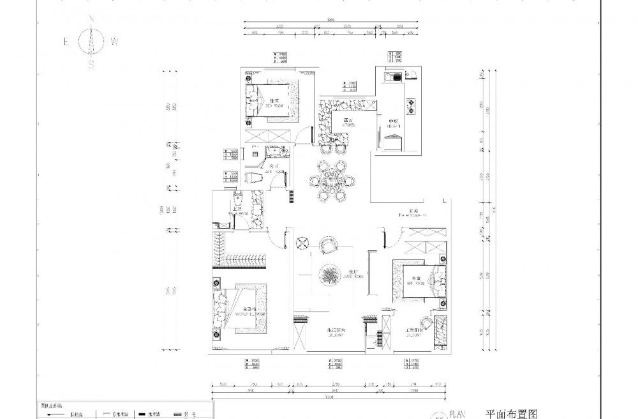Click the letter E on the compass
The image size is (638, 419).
pyautogui.click(x=66, y=42)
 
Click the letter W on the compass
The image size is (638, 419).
pyautogui.click(x=114, y=42)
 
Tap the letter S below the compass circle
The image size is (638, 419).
pyautogui.click(x=91, y=65)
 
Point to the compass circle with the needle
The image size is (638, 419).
pyautogui.click(x=91, y=42)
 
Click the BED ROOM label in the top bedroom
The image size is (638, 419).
pyautogui.click(x=275, y=103)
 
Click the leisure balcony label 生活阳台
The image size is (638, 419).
pyautogui.click(x=336, y=330)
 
